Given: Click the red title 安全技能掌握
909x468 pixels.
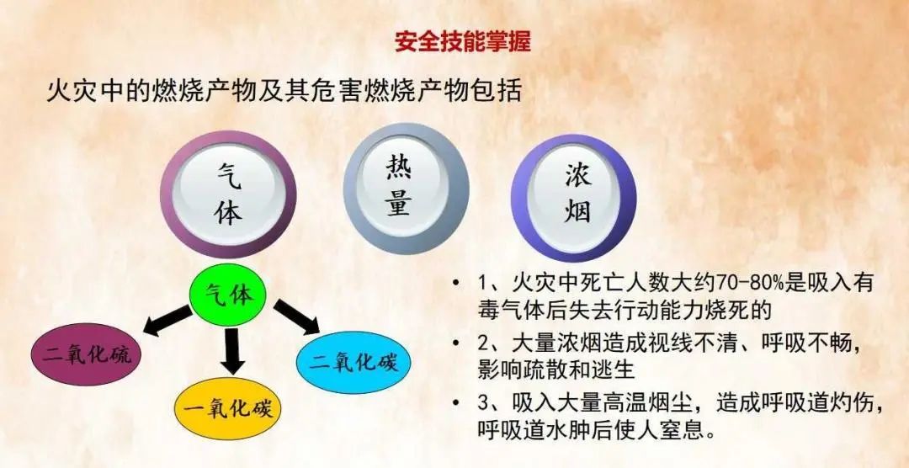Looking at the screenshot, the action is [463, 41].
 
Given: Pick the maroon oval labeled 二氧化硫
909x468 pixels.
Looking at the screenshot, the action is [87, 354].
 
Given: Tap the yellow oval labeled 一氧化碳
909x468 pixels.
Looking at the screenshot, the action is [232, 408].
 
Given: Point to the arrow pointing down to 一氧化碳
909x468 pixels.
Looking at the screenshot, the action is [232, 352].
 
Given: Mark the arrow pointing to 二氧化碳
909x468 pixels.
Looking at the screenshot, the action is [296, 316].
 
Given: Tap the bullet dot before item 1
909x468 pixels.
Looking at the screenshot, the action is [457, 285].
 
